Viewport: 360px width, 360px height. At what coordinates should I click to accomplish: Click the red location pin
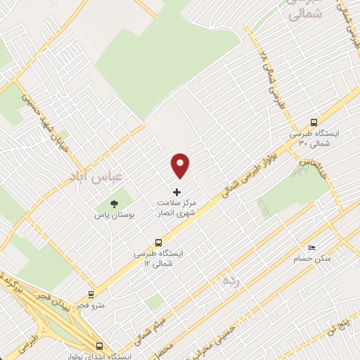coord(181,165)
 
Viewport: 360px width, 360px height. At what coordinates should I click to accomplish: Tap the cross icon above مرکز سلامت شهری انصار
coord(176,192)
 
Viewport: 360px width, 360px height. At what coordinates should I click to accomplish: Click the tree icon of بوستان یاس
coord(115,204)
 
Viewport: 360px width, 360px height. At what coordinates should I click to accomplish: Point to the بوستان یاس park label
coord(110,215)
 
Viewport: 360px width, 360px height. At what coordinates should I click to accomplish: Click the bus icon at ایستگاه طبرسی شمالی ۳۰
coord(314,121)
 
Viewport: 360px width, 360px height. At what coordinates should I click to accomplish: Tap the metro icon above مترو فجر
coord(91,295)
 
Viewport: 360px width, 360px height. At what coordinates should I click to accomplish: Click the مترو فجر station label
coord(91,305)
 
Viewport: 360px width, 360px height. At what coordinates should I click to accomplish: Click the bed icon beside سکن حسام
coord(312,247)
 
